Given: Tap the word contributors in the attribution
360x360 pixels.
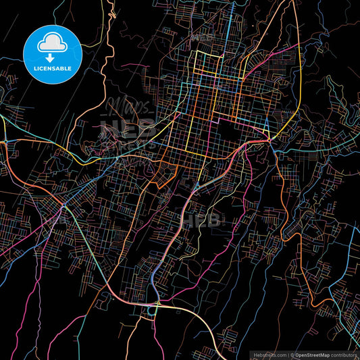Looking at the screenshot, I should pyautogui.click(x=344, y=354).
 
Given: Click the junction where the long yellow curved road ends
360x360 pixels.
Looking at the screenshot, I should pyautogui.click(x=269, y=138).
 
